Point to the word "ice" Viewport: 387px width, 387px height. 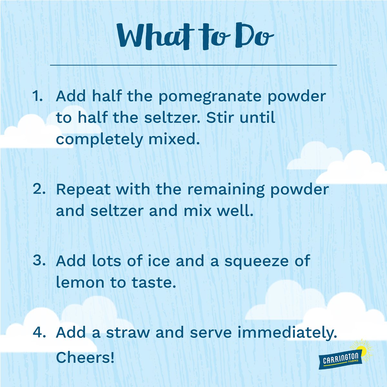tap(159, 261)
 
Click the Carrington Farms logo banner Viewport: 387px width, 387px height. tap(342, 360)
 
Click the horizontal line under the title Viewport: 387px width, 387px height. tap(193, 65)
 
